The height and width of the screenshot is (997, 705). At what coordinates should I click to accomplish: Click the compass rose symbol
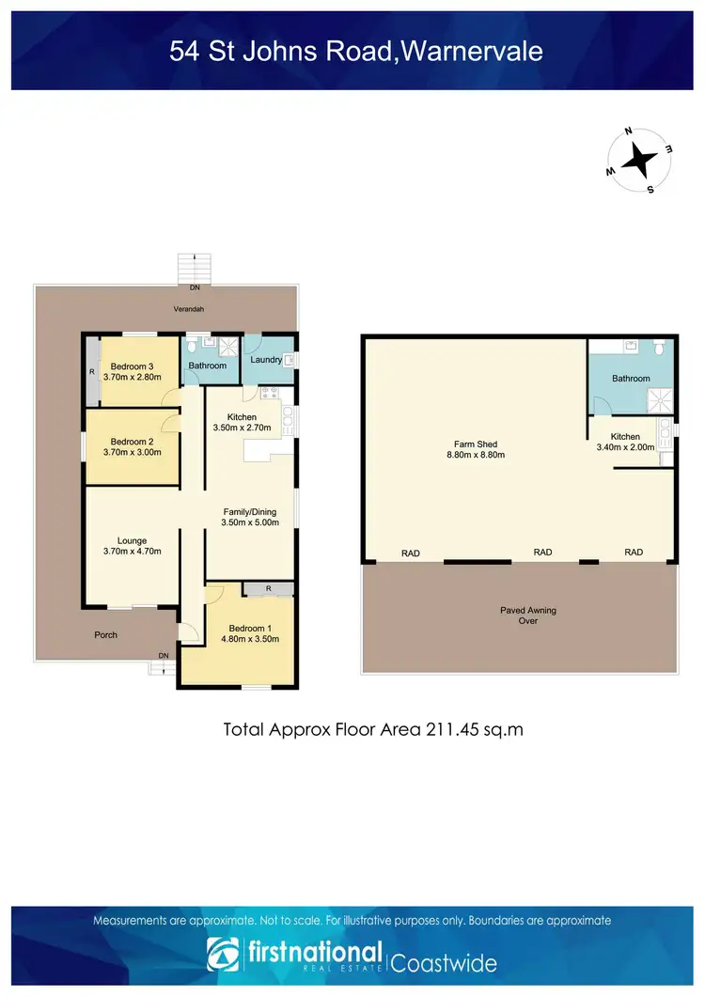click(640, 160)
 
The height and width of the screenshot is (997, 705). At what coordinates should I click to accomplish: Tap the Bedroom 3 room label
click(132, 366)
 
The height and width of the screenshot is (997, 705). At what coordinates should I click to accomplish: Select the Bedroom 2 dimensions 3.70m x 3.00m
click(132, 452)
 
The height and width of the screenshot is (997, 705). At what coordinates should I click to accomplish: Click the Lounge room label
click(132, 540)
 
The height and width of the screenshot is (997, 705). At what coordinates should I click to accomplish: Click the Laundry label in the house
click(266, 360)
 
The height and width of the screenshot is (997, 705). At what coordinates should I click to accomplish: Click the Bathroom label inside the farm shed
click(631, 379)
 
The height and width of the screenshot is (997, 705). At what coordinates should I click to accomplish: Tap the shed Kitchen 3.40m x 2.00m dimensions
click(625, 447)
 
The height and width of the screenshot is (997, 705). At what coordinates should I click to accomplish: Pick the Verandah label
click(188, 309)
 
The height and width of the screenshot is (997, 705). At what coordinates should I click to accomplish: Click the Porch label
click(106, 634)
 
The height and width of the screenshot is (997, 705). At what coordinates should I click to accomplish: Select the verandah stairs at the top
click(196, 268)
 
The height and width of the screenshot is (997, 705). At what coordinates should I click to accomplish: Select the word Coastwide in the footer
click(444, 962)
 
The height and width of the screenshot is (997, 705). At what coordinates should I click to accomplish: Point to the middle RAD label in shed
click(542, 553)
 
